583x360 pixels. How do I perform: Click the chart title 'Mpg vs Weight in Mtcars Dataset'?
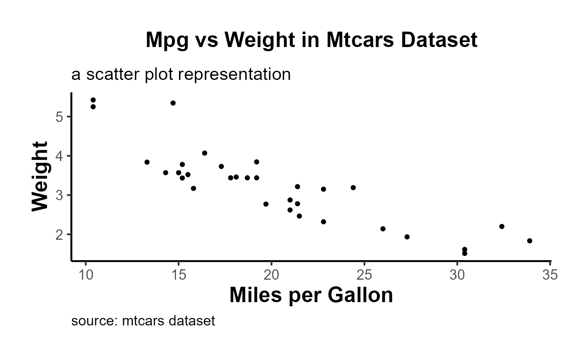(x=311, y=40)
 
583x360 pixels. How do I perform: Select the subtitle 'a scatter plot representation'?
(x=181, y=74)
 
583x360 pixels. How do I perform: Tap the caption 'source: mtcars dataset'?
(x=143, y=321)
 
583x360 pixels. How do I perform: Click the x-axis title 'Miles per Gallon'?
(x=311, y=295)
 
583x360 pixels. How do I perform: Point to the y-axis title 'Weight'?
(x=40, y=176)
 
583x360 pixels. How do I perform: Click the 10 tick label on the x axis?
(x=86, y=275)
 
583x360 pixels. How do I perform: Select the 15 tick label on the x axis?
(x=179, y=275)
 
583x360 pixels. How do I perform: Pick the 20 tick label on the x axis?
(x=272, y=275)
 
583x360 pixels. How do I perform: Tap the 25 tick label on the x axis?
(x=364, y=275)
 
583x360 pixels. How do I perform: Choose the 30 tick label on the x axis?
(x=457, y=275)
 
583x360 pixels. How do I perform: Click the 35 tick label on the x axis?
(x=550, y=275)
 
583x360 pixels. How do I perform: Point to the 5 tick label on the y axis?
(x=59, y=117)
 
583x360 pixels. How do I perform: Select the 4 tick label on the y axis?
(x=59, y=156)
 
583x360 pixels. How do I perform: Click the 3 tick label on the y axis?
(x=59, y=195)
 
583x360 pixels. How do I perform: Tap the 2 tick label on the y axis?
(x=59, y=235)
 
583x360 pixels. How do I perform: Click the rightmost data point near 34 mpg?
(x=530, y=241)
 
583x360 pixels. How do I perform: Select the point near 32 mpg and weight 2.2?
(x=502, y=226)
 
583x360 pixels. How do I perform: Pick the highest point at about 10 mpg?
(x=93, y=100)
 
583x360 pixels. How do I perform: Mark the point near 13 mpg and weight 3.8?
(x=147, y=162)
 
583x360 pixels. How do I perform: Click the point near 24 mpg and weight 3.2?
(x=353, y=188)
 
